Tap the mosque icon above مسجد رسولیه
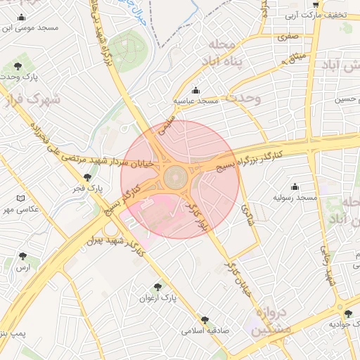[x=295, y=186]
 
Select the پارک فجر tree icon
[x=86, y=178]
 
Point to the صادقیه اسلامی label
[x=203, y=330]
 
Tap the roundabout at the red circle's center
[x=176, y=176]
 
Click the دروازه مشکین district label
[x=268, y=320]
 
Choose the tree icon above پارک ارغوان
[x=157, y=287]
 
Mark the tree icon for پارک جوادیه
[x=348, y=314]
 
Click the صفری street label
[x=288, y=35]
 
